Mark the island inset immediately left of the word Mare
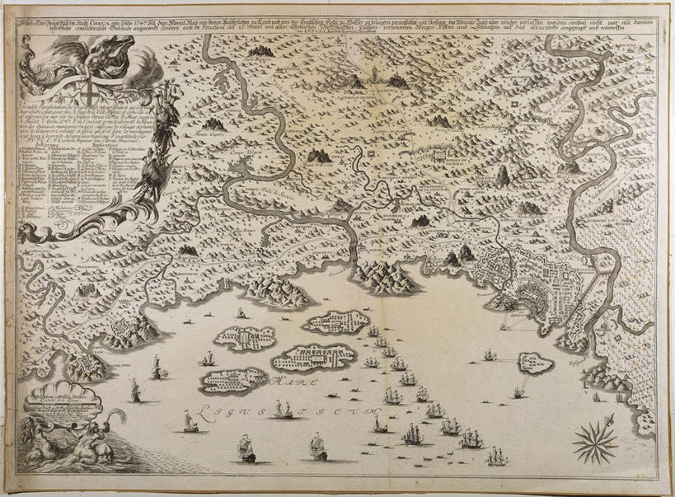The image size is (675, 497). click(x=234, y=381)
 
